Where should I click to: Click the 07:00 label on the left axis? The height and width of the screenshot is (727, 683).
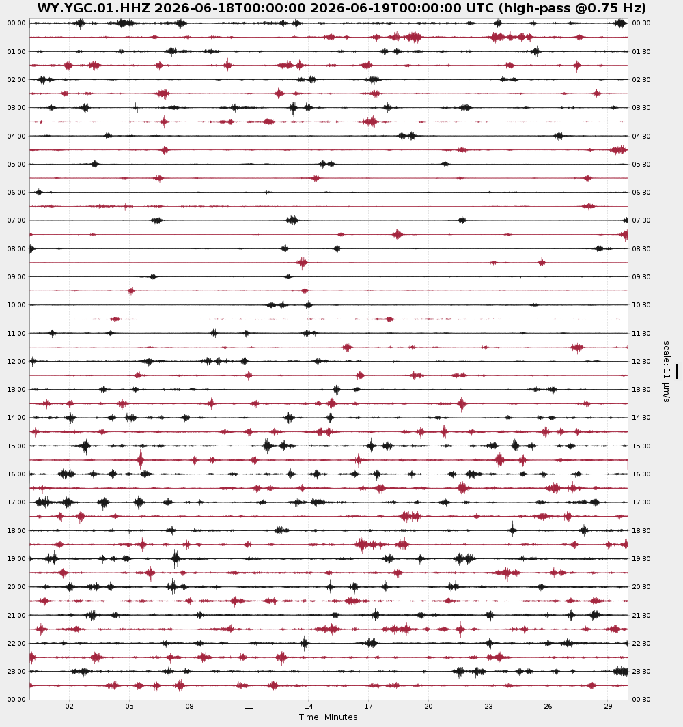tap(16, 220)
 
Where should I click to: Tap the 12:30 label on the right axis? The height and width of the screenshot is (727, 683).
tap(641, 361)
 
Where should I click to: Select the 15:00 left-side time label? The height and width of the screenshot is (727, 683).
tap(16, 446)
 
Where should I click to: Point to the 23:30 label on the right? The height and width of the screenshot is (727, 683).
tap(641, 671)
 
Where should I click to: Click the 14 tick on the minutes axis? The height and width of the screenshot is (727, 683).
tap(309, 706)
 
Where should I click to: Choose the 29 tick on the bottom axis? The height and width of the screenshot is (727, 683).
tap(609, 706)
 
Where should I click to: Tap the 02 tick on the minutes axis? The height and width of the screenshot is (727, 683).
tap(69, 706)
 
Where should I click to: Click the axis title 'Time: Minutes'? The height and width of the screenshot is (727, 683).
tap(328, 717)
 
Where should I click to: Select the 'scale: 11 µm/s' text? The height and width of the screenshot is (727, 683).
tap(667, 371)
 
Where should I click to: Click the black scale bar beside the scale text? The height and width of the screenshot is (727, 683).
tap(676, 371)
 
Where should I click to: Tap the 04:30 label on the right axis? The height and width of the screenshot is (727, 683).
tap(641, 137)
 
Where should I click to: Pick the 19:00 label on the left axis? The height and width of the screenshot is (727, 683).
tap(16, 558)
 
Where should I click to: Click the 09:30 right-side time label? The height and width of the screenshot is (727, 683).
tap(641, 276)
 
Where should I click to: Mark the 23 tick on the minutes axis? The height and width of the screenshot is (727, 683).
tap(488, 706)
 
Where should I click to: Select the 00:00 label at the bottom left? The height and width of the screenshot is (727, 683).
tap(16, 699)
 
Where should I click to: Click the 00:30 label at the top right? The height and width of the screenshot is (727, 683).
tap(641, 23)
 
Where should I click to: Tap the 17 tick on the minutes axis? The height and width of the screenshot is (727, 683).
tap(368, 706)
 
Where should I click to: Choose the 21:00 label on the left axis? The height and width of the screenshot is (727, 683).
tap(16, 615)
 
